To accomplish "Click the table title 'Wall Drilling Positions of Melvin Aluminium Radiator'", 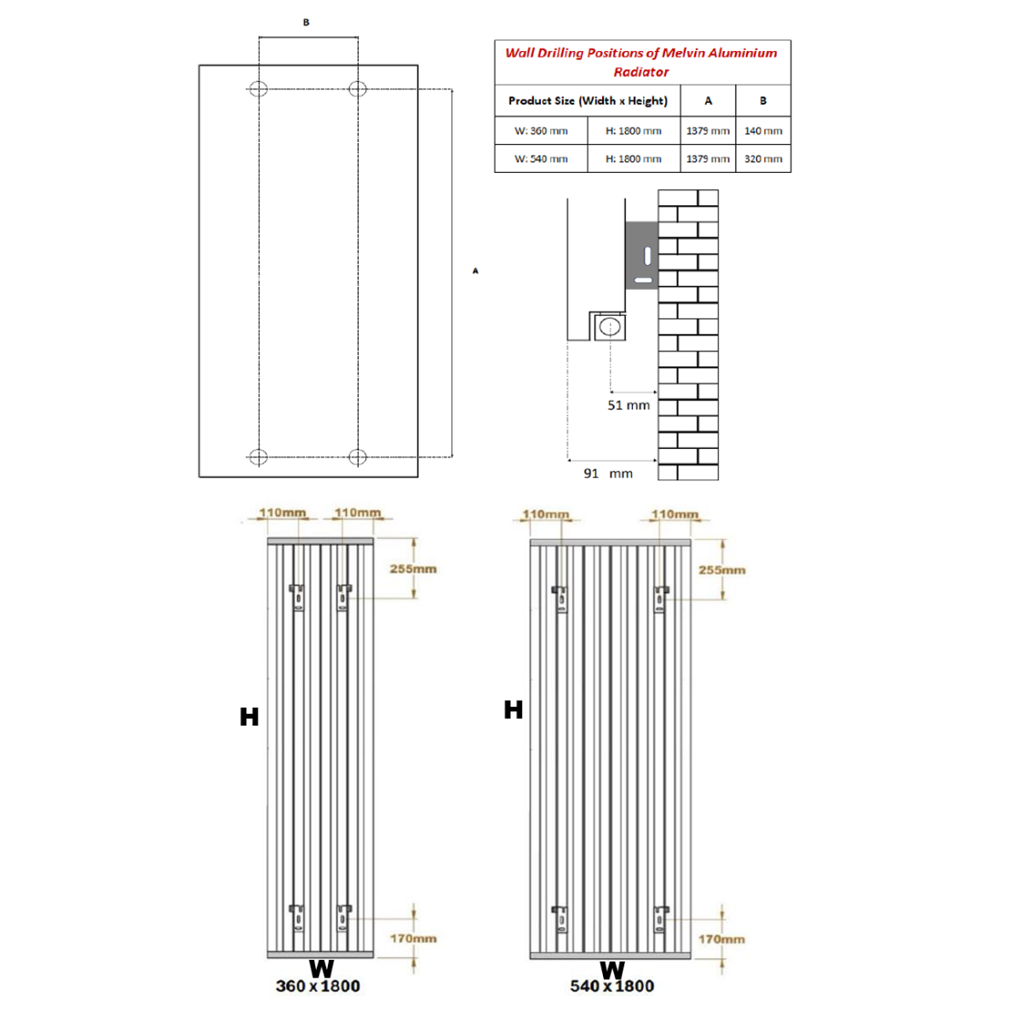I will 641,61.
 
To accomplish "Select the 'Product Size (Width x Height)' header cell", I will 588,100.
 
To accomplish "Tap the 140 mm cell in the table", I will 763,131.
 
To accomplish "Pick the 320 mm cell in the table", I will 763,159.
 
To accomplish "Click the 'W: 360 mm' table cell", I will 541,131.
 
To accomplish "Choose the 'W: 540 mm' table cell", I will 541,159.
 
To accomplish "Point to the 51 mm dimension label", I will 629,405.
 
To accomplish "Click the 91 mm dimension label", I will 608,474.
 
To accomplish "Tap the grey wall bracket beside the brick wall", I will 642,255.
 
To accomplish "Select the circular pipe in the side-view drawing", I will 610,326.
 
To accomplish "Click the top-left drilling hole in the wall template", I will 258,89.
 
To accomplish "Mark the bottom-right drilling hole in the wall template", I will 358,457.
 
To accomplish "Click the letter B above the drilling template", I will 307,23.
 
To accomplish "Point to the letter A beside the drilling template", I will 476,271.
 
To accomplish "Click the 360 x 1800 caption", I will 318,986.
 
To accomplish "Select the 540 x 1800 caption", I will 612,986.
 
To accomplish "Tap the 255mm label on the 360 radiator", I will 413,569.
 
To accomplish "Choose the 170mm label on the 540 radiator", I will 721,939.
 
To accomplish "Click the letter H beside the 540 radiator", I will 514,709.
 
